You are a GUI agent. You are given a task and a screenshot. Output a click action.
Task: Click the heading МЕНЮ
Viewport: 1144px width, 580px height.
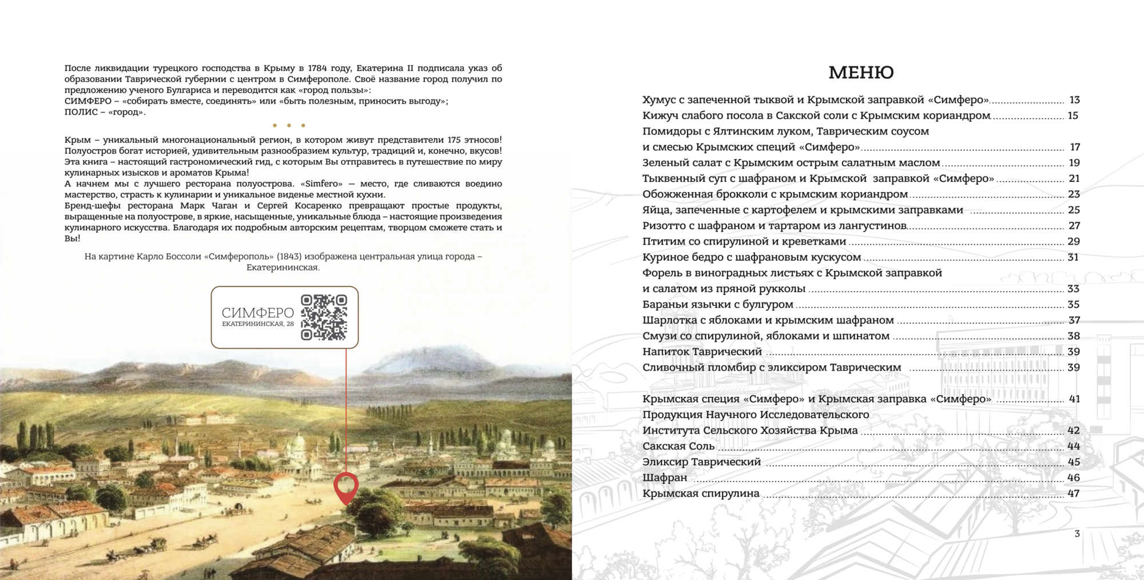[x=861, y=73]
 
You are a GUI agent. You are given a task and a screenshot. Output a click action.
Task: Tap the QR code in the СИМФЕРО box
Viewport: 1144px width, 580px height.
[x=324, y=317]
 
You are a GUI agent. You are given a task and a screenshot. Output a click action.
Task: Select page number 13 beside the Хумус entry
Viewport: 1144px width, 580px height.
[x=1074, y=100]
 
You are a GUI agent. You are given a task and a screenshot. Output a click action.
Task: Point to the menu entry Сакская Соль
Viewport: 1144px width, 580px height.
[x=678, y=446]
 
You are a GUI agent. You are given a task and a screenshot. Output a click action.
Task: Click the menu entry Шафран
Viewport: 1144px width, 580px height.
[x=665, y=478]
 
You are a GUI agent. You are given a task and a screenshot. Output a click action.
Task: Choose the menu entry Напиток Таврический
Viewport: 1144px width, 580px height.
[x=702, y=352]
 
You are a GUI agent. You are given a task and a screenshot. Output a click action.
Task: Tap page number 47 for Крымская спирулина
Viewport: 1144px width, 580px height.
[x=1073, y=494]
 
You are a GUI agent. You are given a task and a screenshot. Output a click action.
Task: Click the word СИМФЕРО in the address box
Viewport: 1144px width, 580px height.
[x=257, y=313]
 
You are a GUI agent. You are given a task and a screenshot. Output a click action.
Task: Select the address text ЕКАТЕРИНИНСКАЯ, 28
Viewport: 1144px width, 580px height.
[x=257, y=324]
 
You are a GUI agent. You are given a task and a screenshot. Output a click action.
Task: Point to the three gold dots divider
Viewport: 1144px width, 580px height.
[x=289, y=125]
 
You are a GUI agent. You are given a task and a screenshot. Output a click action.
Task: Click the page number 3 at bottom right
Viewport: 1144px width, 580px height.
[x=1077, y=534]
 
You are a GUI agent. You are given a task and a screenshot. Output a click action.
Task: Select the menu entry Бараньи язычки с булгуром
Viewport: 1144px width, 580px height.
[x=717, y=304]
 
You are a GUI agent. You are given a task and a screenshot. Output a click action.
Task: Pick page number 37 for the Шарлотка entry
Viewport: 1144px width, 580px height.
[x=1074, y=320]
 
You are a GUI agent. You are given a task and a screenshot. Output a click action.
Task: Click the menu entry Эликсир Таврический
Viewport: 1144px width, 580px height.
[x=701, y=462]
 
